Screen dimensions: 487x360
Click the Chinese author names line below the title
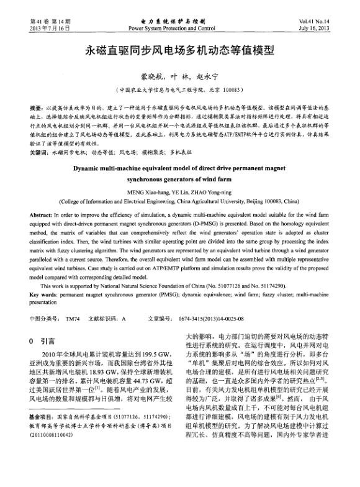pyautogui.click(x=179, y=76)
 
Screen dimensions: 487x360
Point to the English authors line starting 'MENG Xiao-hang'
pyautogui.click(x=179, y=192)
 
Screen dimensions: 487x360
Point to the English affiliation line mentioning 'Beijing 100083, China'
pyautogui.click(x=179, y=202)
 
